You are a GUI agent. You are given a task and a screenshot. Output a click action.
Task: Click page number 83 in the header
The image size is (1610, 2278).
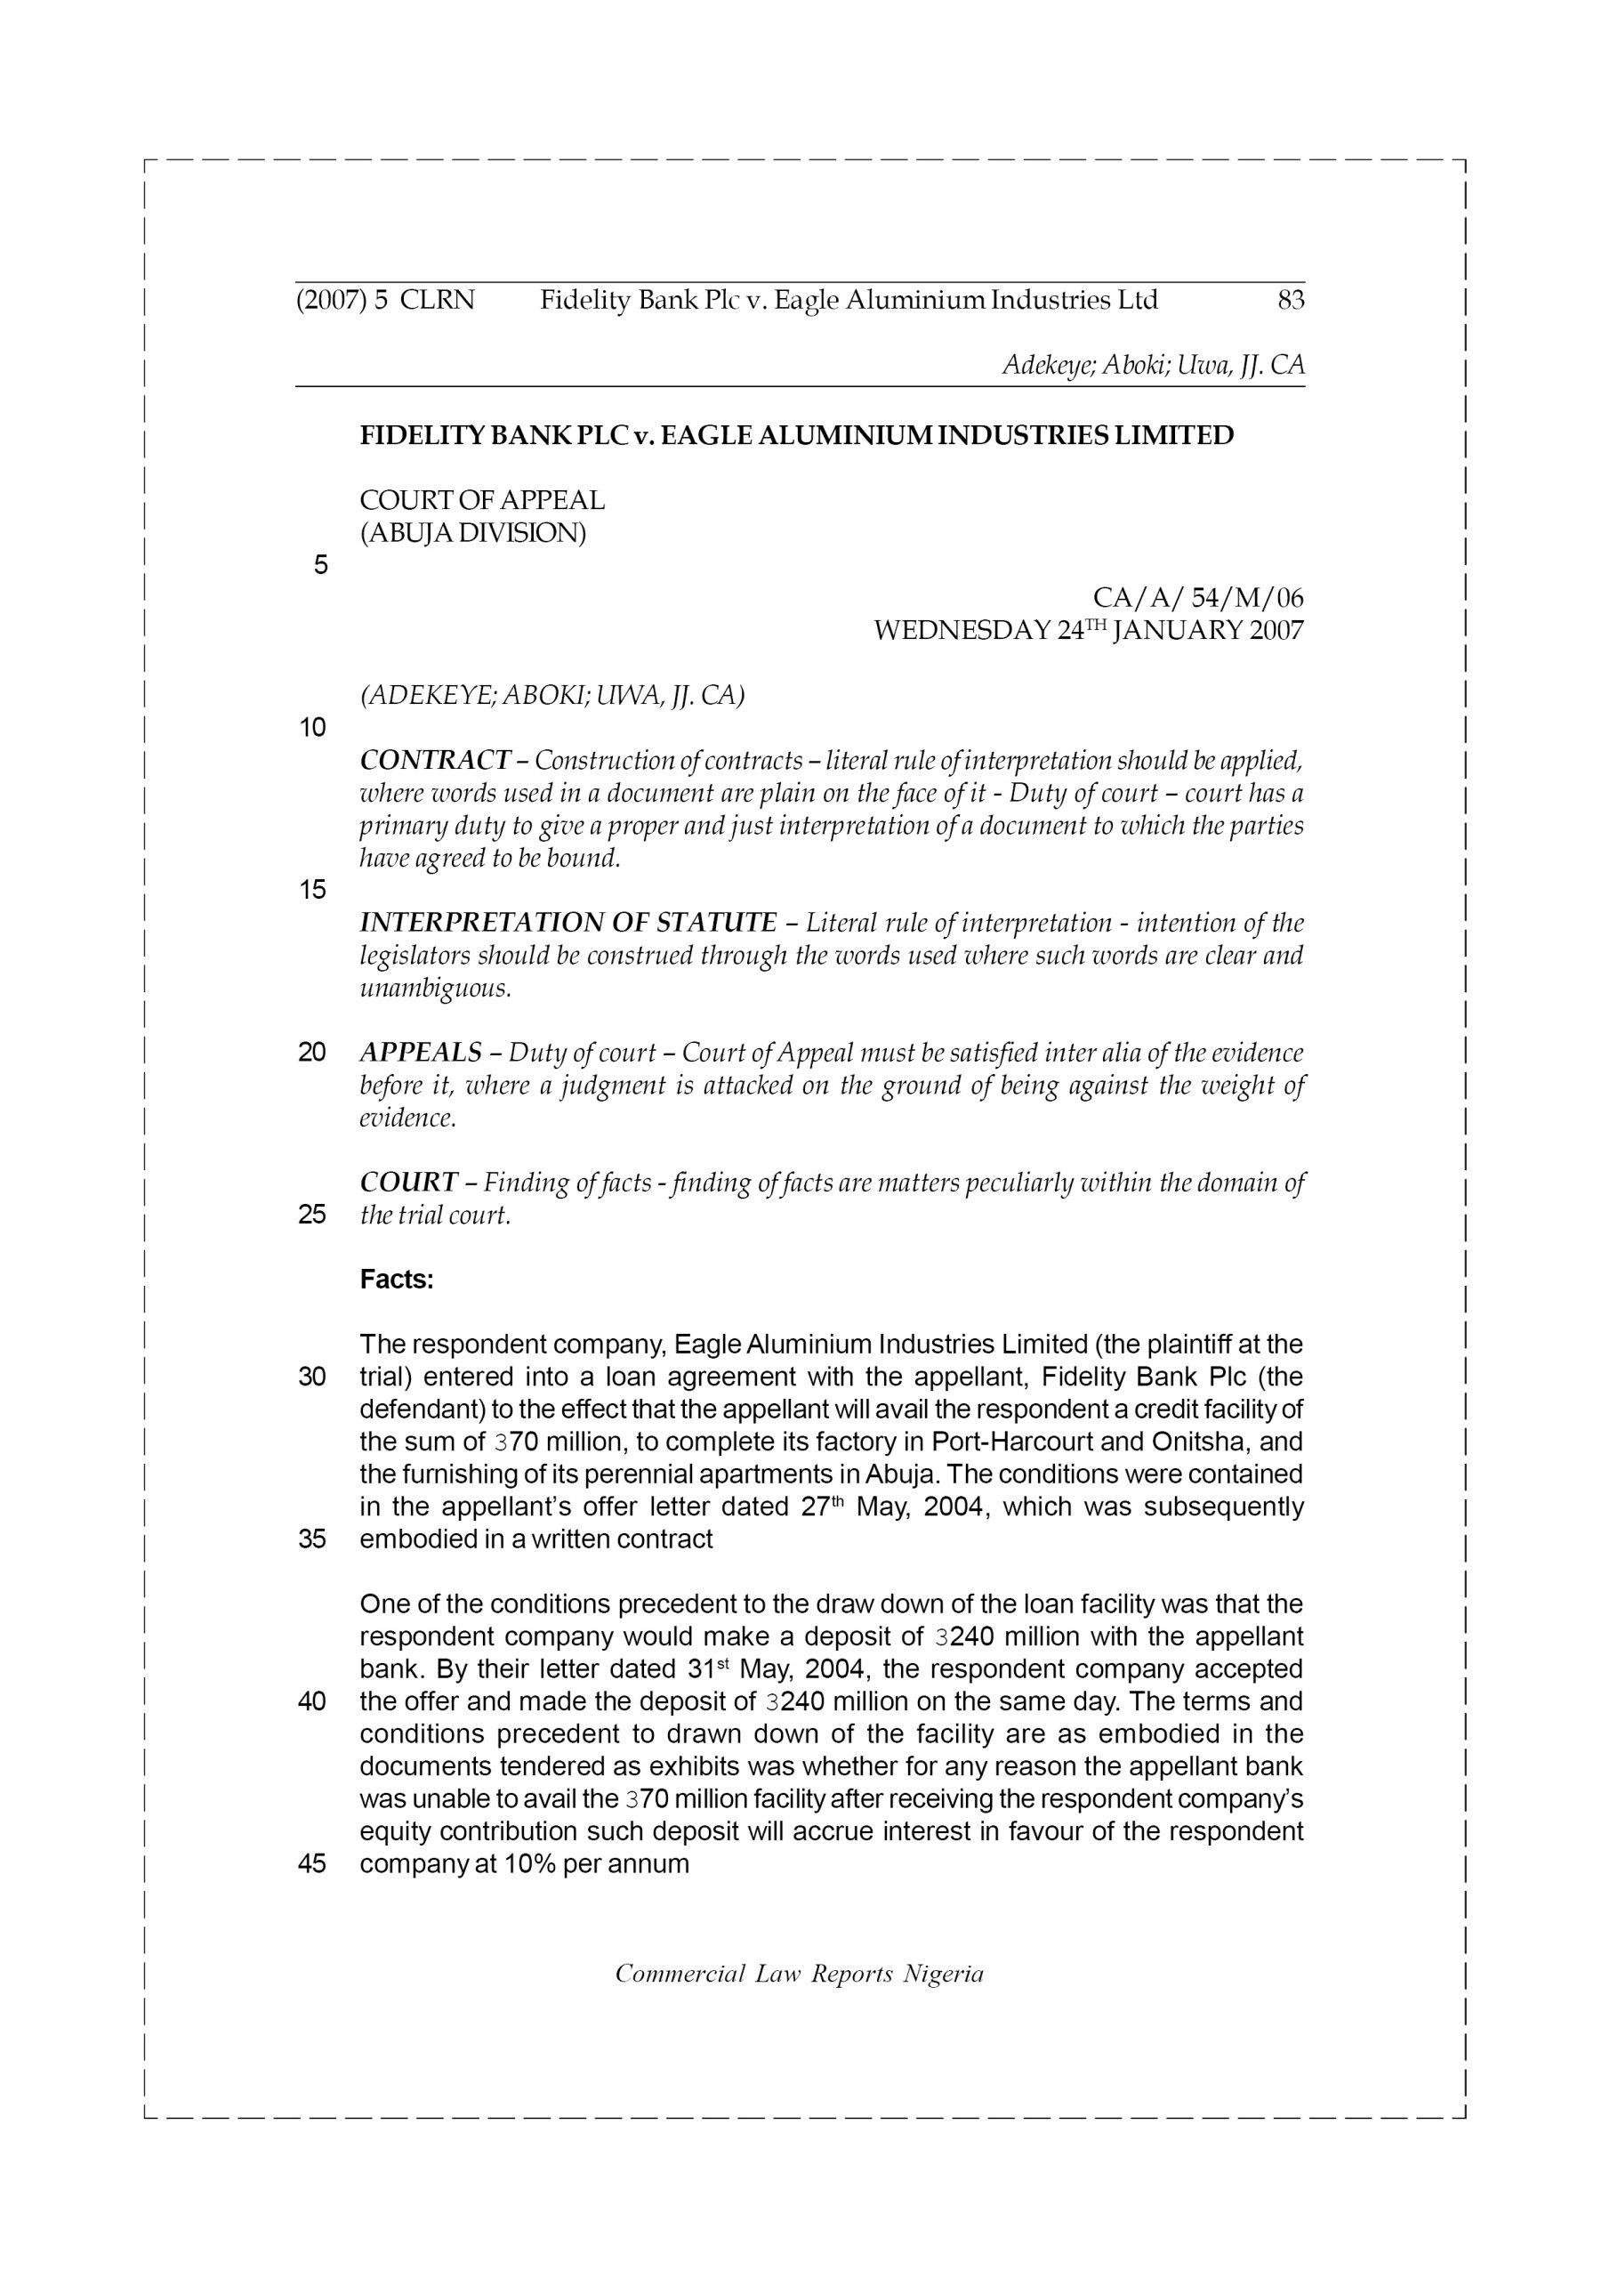tap(1290, 300)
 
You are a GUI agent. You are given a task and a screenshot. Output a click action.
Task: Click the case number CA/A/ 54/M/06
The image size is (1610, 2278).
tap(1197, 597)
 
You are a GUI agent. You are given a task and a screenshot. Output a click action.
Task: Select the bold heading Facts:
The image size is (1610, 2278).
tap(397, 1280)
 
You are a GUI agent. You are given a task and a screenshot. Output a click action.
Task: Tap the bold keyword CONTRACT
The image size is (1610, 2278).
tap(434, 761)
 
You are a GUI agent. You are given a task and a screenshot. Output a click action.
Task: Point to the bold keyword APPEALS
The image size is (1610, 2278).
tap(421, 1053)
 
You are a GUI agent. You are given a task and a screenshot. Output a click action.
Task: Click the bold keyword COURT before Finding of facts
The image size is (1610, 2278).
tap(408, 1183)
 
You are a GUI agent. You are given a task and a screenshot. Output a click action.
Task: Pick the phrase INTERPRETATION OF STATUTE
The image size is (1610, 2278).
tap(568, 923)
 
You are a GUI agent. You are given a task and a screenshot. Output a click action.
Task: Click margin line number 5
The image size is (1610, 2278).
tap(320, 566)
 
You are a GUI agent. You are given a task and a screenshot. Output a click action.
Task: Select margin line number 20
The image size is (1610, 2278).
tap(312, 1053)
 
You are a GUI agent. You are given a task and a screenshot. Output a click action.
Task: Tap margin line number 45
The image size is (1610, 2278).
tap(312, 1863)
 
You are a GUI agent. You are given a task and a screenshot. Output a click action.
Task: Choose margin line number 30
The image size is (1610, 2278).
tap(312, 1377)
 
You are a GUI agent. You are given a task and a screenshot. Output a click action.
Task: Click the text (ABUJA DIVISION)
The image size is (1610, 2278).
tap(473, 533)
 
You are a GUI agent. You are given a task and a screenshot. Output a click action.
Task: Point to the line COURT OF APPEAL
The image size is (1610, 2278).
tap(482, 500)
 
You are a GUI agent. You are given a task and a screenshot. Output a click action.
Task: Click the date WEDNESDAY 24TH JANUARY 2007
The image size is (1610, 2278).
tap(1088, 630)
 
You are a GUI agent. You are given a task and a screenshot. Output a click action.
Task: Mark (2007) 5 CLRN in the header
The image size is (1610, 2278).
tap(386, 300)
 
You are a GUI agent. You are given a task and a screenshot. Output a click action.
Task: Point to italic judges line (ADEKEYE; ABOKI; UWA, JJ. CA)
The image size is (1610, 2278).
tap(551, 696)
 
